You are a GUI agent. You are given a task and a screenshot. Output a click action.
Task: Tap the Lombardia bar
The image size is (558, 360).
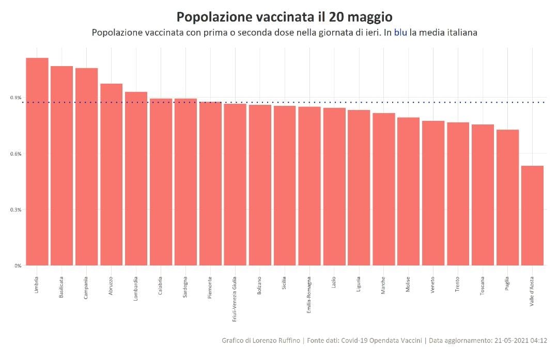point(136,179)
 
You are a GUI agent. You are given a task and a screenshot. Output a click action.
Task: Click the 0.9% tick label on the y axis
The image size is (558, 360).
point(16,98)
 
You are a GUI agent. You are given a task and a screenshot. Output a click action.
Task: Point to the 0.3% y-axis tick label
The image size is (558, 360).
point(16,210)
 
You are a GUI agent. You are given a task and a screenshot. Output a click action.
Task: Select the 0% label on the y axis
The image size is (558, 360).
point(18,265)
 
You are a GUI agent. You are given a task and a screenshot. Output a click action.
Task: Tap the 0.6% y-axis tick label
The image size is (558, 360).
point(16,154)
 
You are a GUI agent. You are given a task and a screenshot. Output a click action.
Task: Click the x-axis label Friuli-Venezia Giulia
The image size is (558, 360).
point(235,299)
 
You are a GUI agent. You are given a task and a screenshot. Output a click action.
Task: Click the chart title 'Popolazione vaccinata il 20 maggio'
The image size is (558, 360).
point(281,17)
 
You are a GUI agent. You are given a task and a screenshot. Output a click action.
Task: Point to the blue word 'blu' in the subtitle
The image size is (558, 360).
point(400,32)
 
